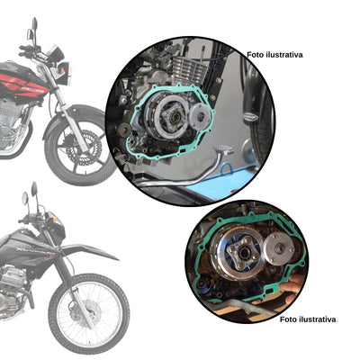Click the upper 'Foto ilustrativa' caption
(274, 54)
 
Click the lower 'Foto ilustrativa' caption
(308, 319)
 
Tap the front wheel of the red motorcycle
(79, 144)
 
